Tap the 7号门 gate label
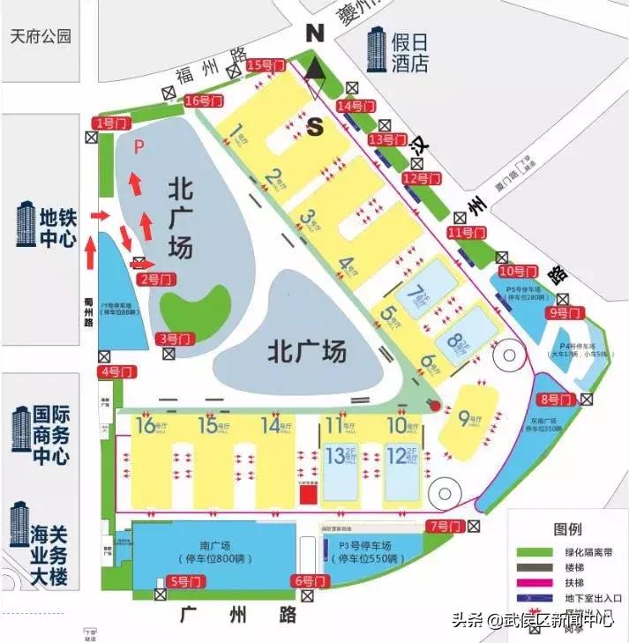tap(445, 527)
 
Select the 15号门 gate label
tap(266, 64)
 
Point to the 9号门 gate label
tap(565, 312)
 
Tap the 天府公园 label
tap(40, 37)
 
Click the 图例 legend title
tap(567, 530)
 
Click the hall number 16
tap(145, 426)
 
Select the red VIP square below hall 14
tap(307, 495)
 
